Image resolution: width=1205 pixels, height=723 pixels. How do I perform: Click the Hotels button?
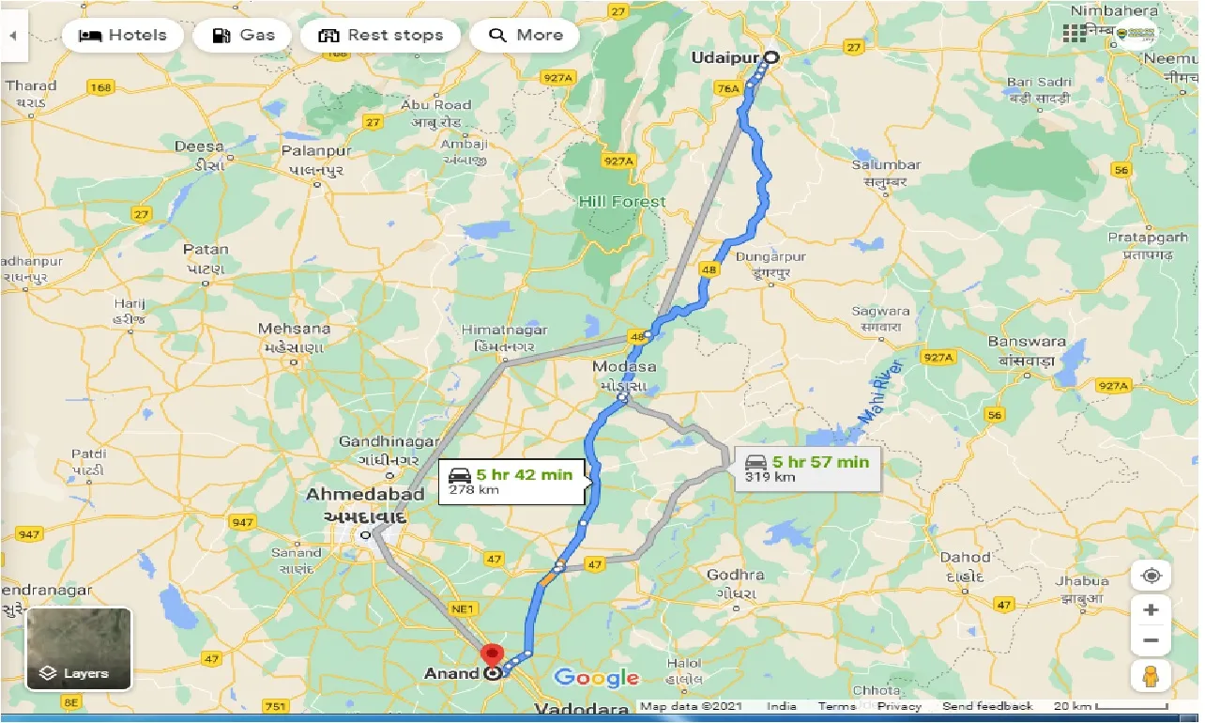click(x=122, y=36)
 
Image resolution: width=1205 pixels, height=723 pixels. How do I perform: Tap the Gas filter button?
click(x=243, y=36)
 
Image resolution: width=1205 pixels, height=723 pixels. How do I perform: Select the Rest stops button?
click(x=380, y=36)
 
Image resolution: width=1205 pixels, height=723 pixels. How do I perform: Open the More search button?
click(x=526, y=36)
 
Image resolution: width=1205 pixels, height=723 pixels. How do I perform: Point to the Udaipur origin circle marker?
click(x=770, y=57)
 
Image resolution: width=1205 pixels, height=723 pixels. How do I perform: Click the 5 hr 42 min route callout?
click(x=512, y=481)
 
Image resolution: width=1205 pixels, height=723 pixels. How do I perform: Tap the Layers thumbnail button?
click(x=79, y=648)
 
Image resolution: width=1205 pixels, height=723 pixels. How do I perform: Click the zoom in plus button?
click(x=1152, y=609)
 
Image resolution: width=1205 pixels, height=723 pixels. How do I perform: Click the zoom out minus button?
click(x=1152, y=641)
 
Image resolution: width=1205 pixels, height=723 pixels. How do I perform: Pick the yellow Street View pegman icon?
click(x=1152, y=675)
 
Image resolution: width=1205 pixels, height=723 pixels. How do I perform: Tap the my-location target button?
click(x=1152, y=575)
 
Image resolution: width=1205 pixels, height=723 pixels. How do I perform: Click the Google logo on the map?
click(x=596, y=678)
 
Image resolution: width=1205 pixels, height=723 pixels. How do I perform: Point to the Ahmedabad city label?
click(x=365, y=495)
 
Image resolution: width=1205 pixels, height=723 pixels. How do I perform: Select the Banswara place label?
click(x=1027, y=342)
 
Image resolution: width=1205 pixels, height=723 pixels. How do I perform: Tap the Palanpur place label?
click(x=319, y=151)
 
